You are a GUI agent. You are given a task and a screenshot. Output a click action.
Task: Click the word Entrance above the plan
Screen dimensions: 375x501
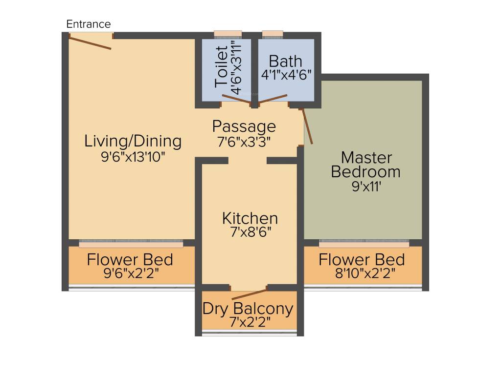(x=89, y=24)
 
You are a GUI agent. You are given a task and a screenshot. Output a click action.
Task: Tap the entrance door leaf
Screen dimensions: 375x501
(x=90, y=42)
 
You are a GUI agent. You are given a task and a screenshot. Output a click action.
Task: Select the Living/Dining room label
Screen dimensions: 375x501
(x=133, y=141)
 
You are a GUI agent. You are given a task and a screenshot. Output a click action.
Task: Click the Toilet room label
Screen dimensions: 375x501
(x=222, y=66)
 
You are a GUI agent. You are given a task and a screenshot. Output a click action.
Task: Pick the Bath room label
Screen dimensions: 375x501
(x=286, y=62)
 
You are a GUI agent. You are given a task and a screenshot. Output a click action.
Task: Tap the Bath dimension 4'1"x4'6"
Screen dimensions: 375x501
(x=286, y=76)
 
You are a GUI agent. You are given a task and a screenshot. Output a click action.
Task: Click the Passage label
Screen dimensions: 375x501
(x=244, y=126)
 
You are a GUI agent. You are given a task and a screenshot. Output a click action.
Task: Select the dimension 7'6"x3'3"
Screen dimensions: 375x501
(x=244, y=142)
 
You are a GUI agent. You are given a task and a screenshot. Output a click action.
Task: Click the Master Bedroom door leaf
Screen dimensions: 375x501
(x=308, y=126)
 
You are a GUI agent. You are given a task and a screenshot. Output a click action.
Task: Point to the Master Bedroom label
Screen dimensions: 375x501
(x=366, y=165)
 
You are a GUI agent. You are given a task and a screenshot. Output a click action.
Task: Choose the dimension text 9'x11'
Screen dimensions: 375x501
(x=366, y=187)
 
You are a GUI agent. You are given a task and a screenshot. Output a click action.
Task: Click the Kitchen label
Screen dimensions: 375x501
(x=250, y=218)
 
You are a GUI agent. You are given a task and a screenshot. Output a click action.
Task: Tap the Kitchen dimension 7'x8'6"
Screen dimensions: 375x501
(x=250, y=232)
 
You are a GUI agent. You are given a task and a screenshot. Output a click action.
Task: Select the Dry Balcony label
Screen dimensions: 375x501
(x=248, y=309)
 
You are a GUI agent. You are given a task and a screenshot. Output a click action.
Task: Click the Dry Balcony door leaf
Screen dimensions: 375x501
(x=250, y=294)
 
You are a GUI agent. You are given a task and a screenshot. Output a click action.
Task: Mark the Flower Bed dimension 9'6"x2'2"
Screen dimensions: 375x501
(x=130, y=273)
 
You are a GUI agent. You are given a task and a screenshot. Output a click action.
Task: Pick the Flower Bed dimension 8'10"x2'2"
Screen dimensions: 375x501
(x=362, y=273)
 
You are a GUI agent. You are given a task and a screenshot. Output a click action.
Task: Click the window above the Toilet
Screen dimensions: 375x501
(x=228, y=34)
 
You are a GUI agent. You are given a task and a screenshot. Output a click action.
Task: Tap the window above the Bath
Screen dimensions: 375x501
(x=273, y=34)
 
